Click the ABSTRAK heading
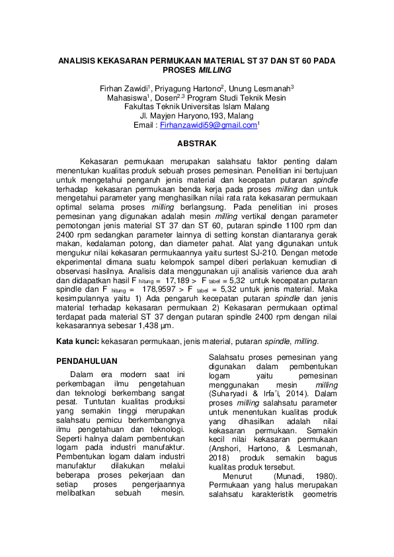(x=196, y=143)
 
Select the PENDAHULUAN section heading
(x=87, y=361)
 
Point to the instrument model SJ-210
(x=268, y=252)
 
